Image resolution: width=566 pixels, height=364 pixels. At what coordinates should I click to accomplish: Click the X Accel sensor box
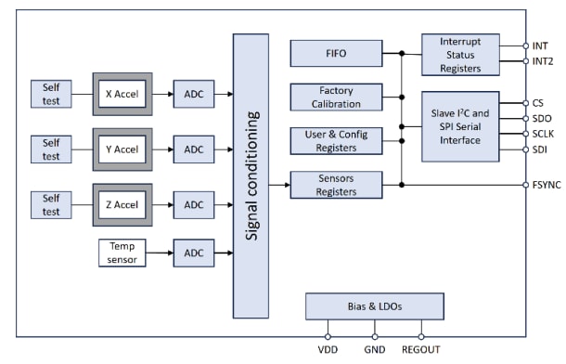tap(122, 94)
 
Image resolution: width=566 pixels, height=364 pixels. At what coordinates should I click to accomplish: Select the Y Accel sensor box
tap(122, 149)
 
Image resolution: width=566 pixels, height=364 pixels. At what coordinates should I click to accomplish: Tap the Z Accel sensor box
tap(122, 203)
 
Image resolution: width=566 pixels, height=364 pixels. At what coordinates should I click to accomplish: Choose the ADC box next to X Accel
tap(194, 94)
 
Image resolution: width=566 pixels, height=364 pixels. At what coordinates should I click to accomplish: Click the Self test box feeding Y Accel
tap(50, 149)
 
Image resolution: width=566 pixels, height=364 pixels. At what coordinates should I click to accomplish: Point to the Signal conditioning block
tap(251, 175)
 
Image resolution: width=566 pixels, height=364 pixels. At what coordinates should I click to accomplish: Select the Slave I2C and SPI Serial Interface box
tap(460, 126)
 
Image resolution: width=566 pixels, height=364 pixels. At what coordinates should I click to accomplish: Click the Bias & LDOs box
tap(375, 306)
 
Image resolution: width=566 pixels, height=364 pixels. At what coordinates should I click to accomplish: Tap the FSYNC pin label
tap(546, 185)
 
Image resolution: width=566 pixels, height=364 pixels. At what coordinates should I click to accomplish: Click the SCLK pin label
tap(544, 134)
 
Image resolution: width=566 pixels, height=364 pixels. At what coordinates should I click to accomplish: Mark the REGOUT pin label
tap(423, 352)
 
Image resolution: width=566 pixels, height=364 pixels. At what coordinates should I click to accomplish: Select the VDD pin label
tap(328, 352)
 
